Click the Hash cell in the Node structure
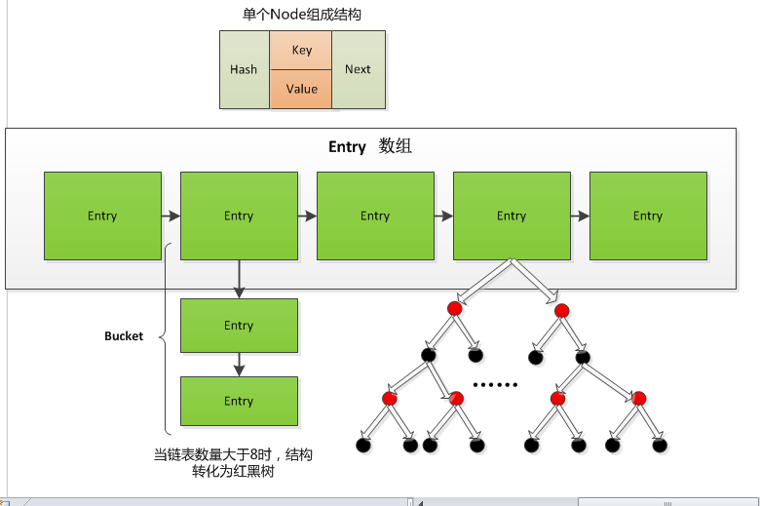point(244,69)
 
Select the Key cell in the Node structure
point(301,50)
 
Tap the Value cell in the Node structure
point(301,89)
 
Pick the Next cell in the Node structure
point(358,69)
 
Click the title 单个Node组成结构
point(301,15)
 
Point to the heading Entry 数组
point(369,147)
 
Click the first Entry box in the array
point(102,215)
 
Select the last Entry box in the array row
point(648,215)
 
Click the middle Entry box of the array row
point(375,215)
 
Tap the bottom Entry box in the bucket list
point(239,401)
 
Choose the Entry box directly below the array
point(239,326)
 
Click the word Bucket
point(124,336)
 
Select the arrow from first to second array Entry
point(171,215)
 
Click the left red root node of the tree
point(454,308)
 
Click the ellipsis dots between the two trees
point(494,384)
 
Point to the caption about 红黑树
point(239,462)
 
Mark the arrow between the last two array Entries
point(580,215)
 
